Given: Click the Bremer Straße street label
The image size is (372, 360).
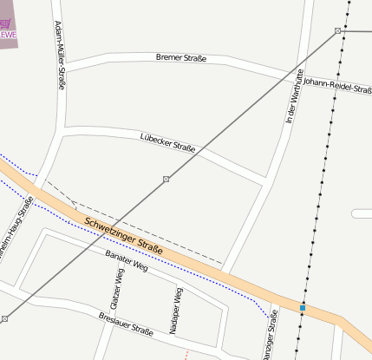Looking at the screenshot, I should click(x=181, y=58).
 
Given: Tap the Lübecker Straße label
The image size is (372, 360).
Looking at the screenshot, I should click(x=167, y=142).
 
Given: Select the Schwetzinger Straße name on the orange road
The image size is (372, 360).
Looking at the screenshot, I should click(x=124, y=237).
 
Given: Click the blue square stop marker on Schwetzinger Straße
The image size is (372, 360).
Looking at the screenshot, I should click(x=303, y=308).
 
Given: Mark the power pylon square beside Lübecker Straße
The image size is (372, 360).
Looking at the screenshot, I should click(x=166, y=179).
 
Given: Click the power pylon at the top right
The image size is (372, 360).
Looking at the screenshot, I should click(x=337, y=31).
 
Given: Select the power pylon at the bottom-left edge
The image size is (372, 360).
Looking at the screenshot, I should click(x=4, y=319).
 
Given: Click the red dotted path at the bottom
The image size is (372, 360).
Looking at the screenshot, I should click(x=186, y=354).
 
